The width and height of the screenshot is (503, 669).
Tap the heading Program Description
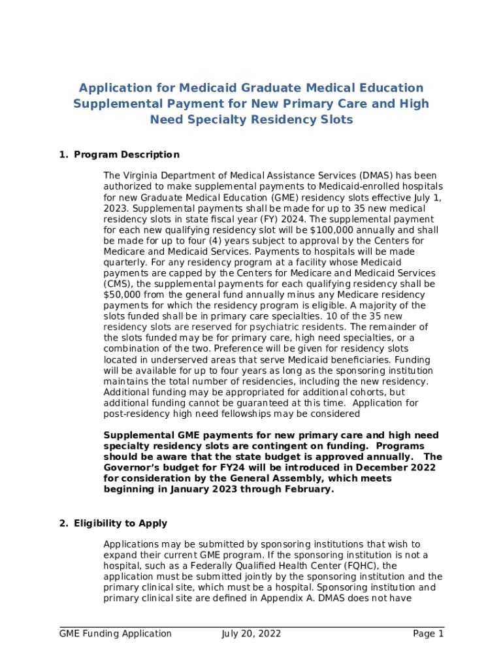[x=127, y=155]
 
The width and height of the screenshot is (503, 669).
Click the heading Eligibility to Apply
[x=121, y=523]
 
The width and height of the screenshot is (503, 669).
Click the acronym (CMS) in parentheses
[x=116, y=284]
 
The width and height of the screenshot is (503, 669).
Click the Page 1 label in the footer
[x=428, y=634]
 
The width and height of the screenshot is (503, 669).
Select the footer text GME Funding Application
[x=116, y=634]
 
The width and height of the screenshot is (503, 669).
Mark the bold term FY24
[x=223, y=468]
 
